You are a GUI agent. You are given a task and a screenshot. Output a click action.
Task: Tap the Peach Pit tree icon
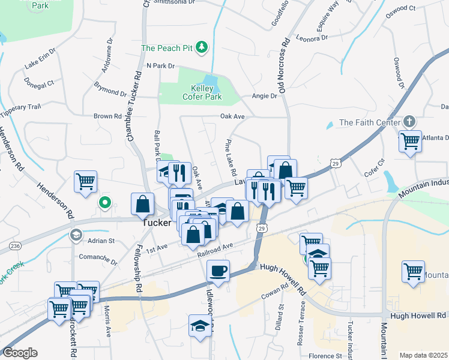[203, 46]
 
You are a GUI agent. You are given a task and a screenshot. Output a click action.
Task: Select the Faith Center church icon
[409, 122]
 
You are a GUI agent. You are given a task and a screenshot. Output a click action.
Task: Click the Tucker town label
[157, 222]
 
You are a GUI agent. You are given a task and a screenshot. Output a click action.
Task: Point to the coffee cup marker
[218, 270]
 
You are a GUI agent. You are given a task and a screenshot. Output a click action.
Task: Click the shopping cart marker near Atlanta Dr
[410, 142]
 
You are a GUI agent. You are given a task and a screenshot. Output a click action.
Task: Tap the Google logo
[20, 353]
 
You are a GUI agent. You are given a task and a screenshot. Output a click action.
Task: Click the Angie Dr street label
[265, 95]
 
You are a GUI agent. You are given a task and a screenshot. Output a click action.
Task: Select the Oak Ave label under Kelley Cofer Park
[232, 116]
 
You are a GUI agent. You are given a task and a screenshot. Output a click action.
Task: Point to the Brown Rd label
[107, 116]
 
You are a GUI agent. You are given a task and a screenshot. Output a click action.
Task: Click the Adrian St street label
[101, 241]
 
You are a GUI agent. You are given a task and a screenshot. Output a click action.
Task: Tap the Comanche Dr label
[98, 262]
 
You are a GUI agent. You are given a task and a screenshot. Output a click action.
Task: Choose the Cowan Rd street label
[275, 296]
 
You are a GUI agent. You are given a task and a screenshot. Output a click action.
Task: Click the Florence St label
[325, 356]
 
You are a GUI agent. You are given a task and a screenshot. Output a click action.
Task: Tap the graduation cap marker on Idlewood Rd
[199, 326]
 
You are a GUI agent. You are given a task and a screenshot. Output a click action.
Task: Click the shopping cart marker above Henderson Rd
[85, 181]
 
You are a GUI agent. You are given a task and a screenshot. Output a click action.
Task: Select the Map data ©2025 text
[423, 355]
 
